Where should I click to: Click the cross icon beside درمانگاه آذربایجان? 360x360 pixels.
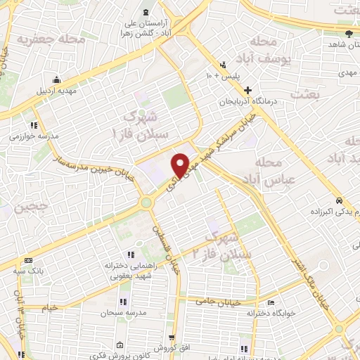[247, 90]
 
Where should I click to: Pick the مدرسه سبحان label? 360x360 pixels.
[122, 311]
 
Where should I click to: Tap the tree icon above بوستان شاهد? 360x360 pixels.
[351, 33]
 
